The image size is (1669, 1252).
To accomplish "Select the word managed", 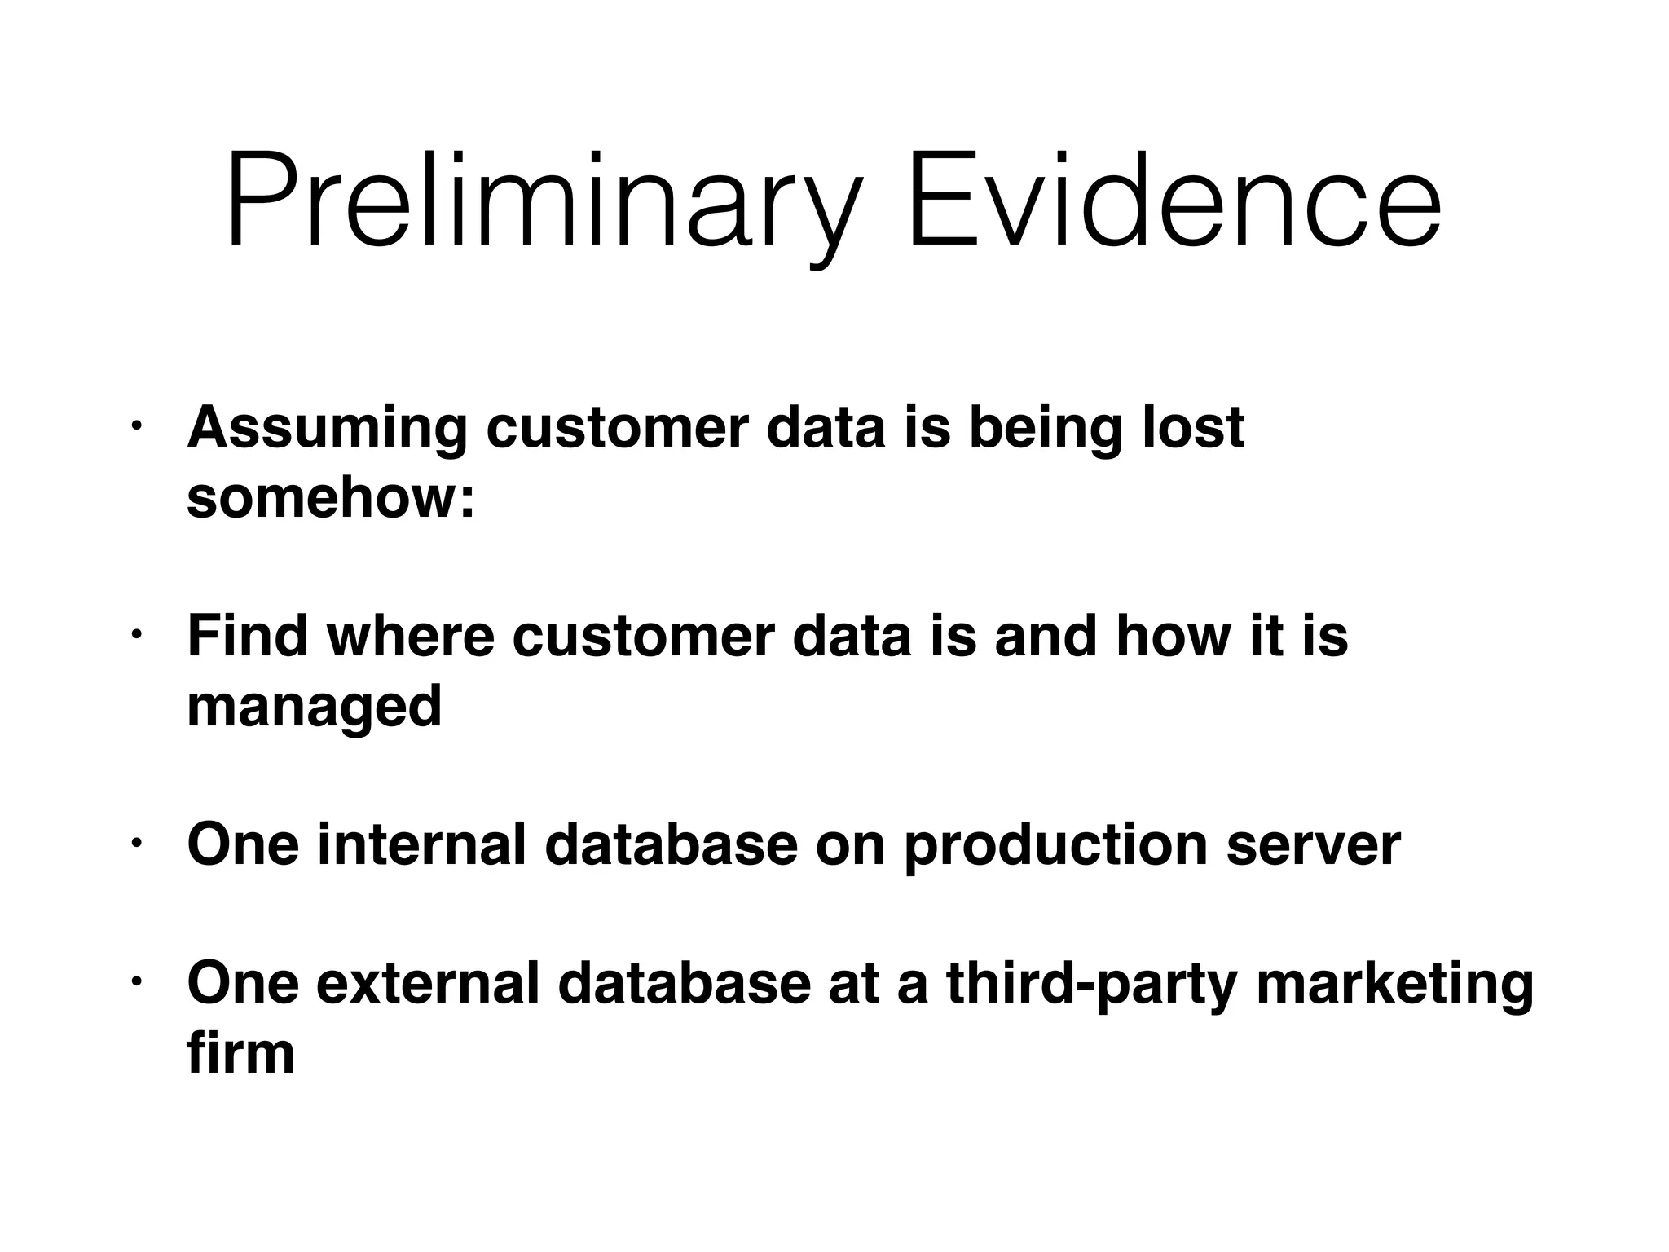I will point(315,707).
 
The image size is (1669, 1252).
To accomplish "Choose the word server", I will point(1313,846).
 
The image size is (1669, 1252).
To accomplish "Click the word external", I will point(428,983).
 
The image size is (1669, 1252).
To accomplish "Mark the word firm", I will point(240,1053).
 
